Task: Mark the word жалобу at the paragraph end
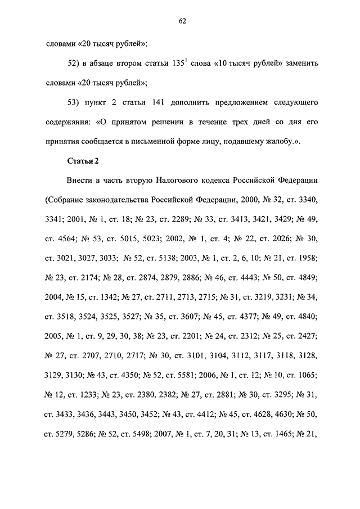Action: point(282,142)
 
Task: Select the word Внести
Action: point(79,181)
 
